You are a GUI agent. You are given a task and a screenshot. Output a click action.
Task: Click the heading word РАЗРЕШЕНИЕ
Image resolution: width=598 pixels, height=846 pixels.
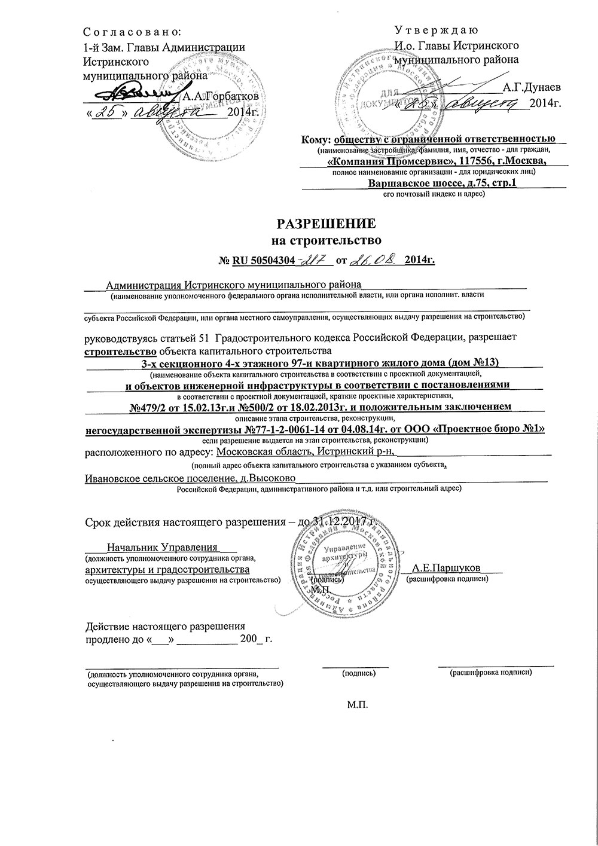click(x=326, y=224)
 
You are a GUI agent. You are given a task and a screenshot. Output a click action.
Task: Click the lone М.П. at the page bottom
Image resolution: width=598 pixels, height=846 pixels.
click(x=357, y=704)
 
